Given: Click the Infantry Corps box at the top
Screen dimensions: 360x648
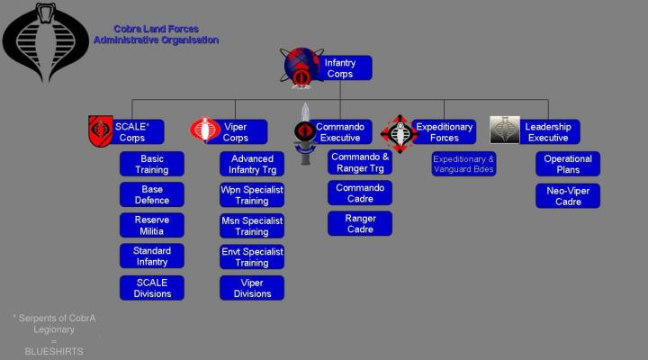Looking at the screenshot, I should [x=340, y=68].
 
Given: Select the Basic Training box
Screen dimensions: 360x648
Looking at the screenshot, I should [x=152, y=164].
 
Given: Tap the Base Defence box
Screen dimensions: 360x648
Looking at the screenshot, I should [x=152, y=194].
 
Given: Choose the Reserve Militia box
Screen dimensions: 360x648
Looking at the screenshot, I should [x=152, y=225].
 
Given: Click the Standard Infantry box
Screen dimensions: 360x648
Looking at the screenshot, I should [x=152, y=256].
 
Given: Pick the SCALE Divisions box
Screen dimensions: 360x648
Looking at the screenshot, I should [x=152, y=287].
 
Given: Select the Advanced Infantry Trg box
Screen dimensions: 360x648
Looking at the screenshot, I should [x=252, y=164].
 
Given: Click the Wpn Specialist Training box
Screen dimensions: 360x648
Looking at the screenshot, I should [x=252, y=194].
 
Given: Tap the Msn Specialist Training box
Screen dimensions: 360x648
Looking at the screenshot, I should [x=252, y=225].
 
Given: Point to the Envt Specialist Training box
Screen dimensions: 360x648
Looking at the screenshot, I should [x=252, y=256].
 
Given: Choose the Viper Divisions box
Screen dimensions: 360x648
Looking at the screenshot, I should [x=252, y=287].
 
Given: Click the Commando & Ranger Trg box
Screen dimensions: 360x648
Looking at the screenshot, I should [x=359, y=162].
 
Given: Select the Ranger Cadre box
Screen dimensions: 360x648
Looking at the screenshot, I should [x=359, y=223].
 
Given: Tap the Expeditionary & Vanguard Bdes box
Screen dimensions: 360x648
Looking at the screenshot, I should [x=463, y=164].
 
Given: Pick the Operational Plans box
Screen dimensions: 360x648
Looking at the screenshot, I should [x=568, y=164].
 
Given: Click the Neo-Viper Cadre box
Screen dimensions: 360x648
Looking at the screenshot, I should [x=568, y=195].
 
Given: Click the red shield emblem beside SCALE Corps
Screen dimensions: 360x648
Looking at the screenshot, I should [x=100, y=131].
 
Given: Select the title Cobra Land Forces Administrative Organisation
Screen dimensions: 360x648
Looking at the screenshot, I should [x=156, y=34].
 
